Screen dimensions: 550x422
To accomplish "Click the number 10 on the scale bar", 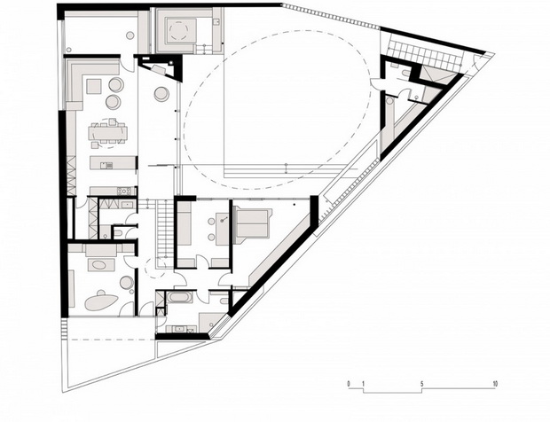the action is tap(495, 384).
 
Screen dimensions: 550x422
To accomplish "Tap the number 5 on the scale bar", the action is tap(422, 384).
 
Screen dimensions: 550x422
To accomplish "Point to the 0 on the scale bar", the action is tap(349, 384).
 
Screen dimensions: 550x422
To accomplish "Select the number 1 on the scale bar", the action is tap(364, 384).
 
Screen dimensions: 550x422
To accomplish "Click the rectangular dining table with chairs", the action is tap(108, 133).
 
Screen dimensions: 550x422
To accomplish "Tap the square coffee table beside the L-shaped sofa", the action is tap(94, 86).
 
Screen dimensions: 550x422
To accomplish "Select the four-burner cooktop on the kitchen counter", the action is tap(124, 191).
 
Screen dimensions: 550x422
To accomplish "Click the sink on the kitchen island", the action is tap(106, 165).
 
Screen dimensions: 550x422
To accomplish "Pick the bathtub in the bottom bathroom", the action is tap(179, 297).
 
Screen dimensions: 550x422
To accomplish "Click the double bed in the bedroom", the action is tap(253, 224).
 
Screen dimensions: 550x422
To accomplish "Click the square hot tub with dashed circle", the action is tap(181, 30).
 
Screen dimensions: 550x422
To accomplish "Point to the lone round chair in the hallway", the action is tap(161, 94).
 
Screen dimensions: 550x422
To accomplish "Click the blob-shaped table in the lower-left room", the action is tap(101, 301).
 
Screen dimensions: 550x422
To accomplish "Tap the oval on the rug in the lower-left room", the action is tap(100, 264).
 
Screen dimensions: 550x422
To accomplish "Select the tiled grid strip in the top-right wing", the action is tap(423, 53).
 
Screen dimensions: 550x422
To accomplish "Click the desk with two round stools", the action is tap(223, 229).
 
